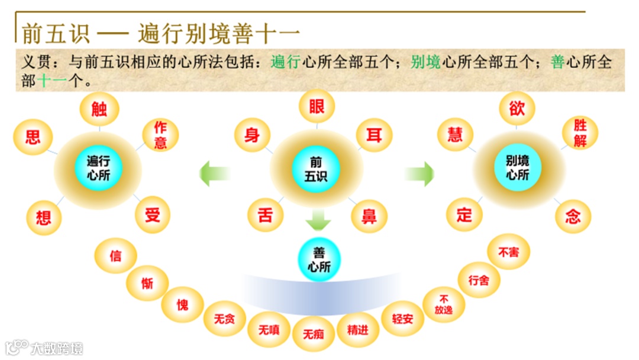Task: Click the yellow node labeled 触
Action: point(99,110)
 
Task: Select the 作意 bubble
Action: point(160,134)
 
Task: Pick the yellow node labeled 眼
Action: point(317,107)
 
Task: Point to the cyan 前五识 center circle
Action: point(317,168)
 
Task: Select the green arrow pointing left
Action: point(214,173)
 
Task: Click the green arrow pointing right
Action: point(419,173)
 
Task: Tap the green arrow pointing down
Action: point(318,220)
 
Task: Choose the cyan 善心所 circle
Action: point(319,259)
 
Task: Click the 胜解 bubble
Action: point(580,133)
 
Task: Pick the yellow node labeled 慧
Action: point(455,136)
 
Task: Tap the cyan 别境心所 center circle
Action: point(518,167)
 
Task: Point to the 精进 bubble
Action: point(358,329)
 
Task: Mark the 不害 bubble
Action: point(508,252)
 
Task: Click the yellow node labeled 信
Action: point(116,256)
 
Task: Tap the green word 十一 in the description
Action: point(53,81)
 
